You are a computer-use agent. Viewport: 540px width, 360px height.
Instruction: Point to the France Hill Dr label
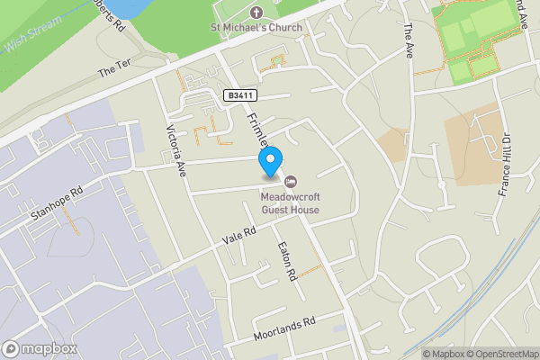(x=504, y=165)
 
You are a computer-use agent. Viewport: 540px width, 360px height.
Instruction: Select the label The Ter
(x=114, y=70)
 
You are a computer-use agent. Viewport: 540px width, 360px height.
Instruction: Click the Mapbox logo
(x=39, y=348)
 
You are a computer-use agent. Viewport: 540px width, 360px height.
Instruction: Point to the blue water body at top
(x=126, y=7)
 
